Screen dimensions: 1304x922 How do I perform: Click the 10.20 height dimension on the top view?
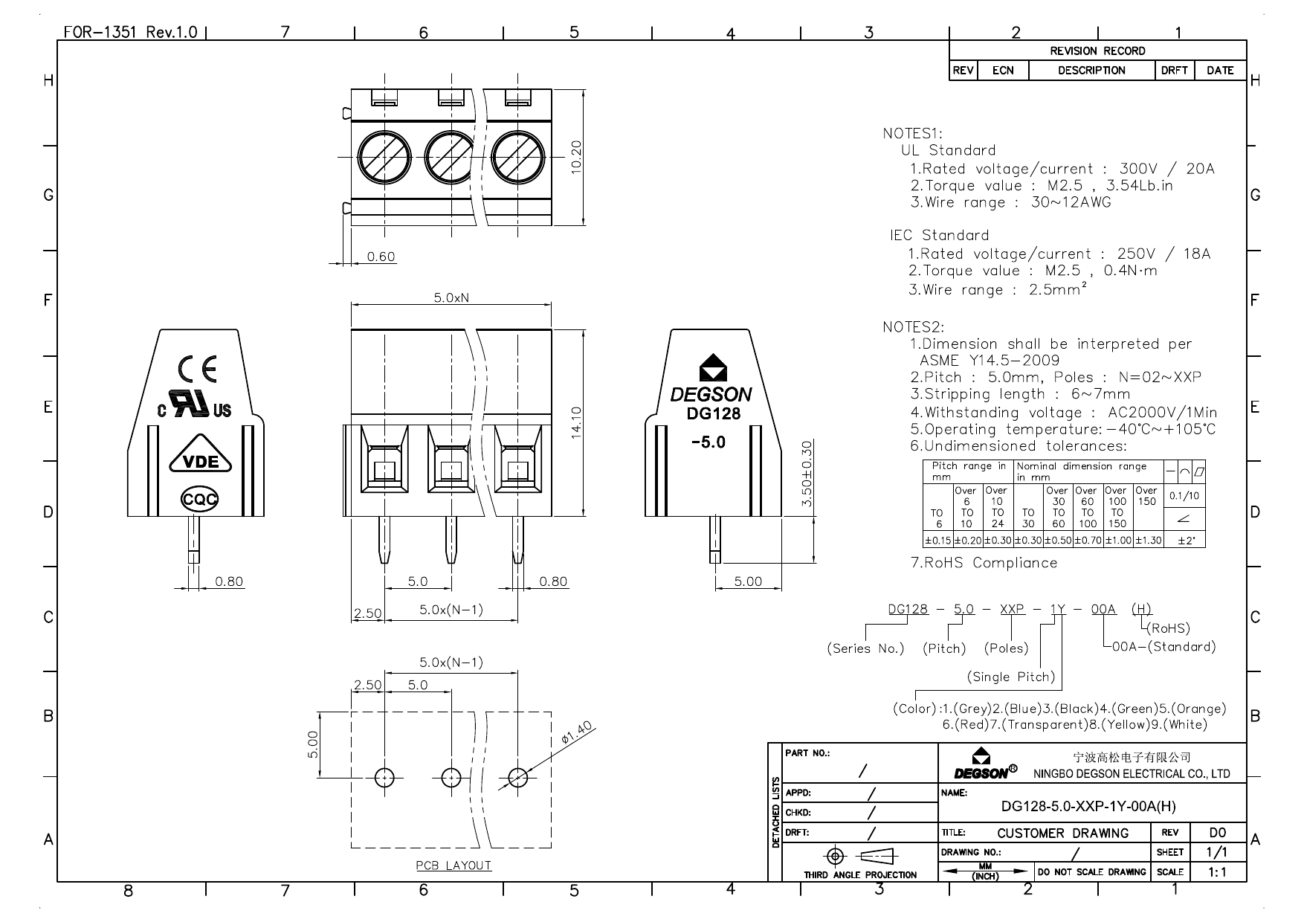pos(577,158)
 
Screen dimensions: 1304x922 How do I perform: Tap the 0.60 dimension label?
pos(381,257)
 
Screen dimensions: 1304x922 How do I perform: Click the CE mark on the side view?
pos(198,370)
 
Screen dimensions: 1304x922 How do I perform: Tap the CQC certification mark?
pos(200,499)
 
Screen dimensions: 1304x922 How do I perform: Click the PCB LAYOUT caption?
pos(454,865)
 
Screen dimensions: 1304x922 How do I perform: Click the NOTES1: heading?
pos(913,134)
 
